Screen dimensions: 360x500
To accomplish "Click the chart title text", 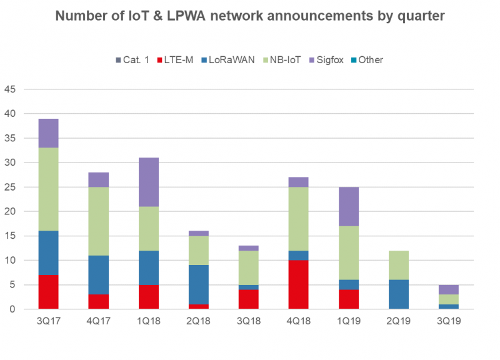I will click(250, 16).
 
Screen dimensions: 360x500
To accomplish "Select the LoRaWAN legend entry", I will click(230, 60).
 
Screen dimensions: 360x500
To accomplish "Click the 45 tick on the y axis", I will click(11, 89).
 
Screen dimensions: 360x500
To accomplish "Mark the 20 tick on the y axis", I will click(11, 211).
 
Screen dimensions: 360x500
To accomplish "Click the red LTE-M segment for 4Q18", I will click(298, 284).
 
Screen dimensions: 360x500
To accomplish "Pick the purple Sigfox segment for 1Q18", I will click(148, 182).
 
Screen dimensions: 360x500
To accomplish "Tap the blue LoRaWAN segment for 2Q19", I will click(398, 294).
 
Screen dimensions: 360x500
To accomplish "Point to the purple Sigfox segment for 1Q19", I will click(348, 206).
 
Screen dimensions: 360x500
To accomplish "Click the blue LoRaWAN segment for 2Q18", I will click(198, 284).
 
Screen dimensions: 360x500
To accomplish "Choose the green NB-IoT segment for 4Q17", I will click(98, 221).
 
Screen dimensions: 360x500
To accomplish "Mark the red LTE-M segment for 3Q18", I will click(248, 299).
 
